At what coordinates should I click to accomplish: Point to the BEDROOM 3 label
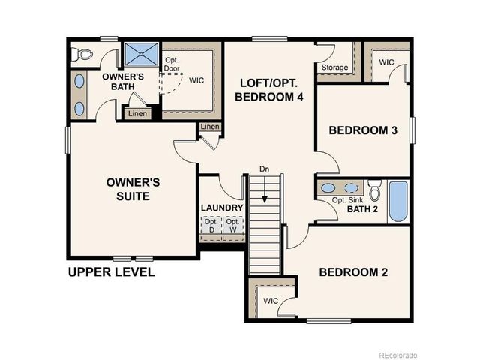pos(363,130)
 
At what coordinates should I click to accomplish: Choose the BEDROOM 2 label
pos(353,272)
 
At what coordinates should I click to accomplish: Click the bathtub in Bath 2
pos(397,202)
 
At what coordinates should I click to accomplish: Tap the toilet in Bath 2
pos(376,188)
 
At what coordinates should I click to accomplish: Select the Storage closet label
pos(334,68)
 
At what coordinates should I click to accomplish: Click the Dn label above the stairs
pos(264,169)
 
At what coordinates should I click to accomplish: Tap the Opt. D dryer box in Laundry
pos(211,226)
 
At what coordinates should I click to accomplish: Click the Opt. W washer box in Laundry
pos(234,226)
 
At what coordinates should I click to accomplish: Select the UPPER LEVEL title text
pos(111,272)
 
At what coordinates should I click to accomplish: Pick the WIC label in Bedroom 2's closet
pos(271,301)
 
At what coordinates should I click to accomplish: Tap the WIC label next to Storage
pos(387,62)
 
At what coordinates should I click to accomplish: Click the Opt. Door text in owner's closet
pos(172,64)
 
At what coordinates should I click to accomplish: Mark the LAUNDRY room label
pos(221,208)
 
